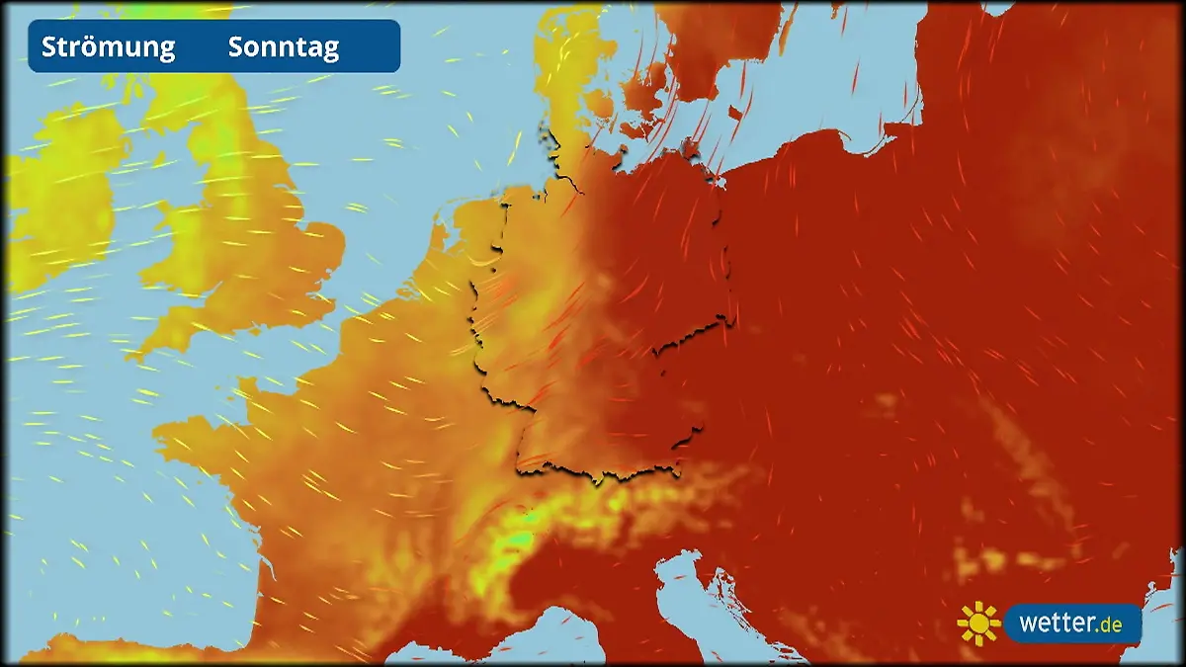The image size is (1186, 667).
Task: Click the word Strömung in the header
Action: (108, 46)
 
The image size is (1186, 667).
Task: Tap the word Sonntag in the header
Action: (284, 46)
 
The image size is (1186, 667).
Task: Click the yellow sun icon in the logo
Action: (978, 624)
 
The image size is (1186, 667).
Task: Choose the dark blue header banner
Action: (213, 46)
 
